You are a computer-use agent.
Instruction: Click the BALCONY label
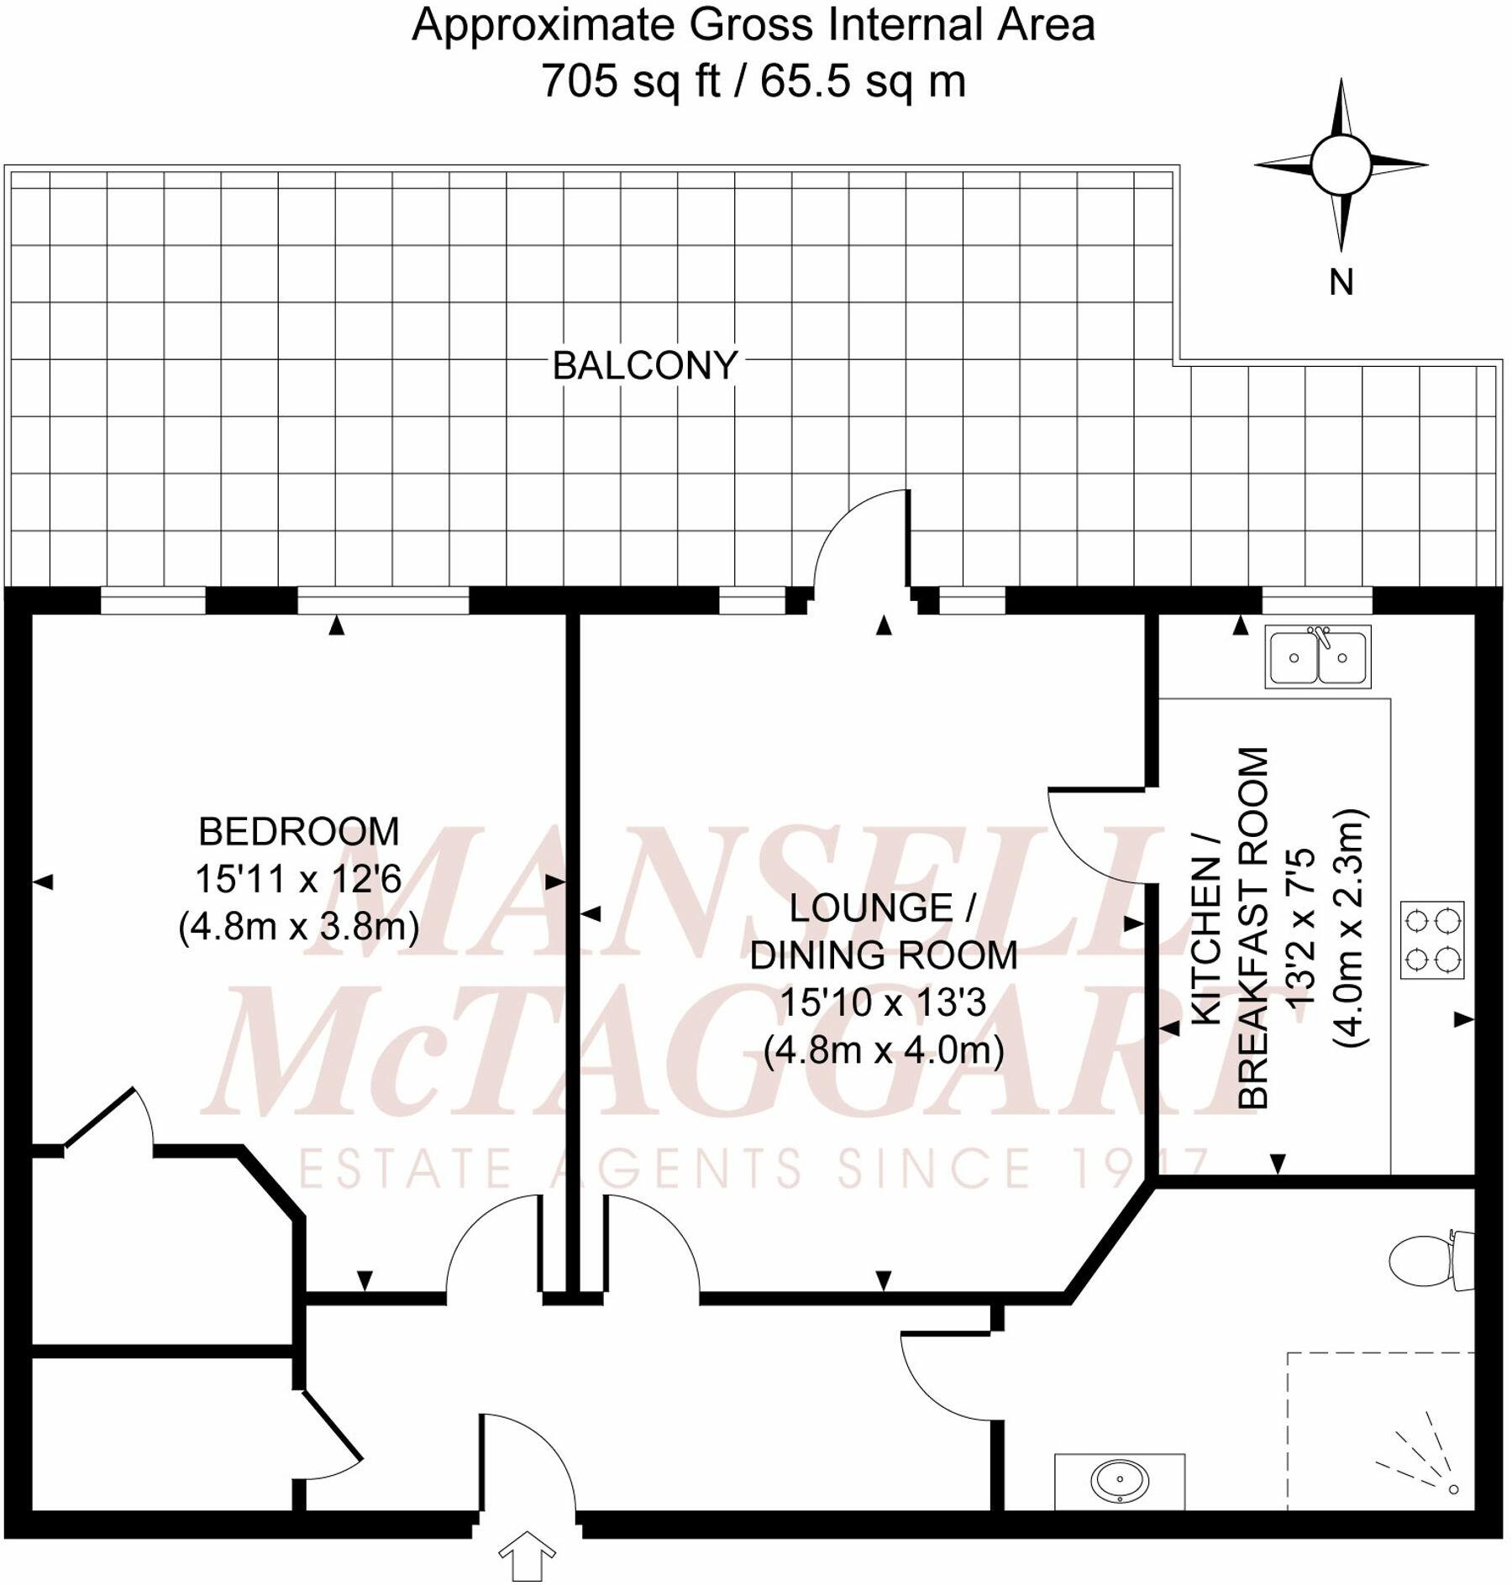click(x=644, y=366)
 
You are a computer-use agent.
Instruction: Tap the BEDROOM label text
click(x=298, y=832)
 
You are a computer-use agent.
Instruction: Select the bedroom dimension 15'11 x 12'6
click(x=298, y=879)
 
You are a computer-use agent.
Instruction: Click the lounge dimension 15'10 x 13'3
click(x=883, y=1002)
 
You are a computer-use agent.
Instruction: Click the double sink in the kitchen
click(x=1318, y=657)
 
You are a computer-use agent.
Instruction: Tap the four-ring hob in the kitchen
click(x=1432, y=939)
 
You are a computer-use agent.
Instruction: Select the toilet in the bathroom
click(x=1428, y=1260)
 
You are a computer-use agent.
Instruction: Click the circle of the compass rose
click(x=1341, y=165)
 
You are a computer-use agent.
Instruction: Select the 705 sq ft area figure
click(x=629, y=82)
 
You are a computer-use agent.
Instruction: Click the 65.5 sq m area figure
click(x=863, y=82)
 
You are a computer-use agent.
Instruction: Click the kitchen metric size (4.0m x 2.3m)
click(x=1350, y=928)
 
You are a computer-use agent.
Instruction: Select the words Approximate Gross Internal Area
click(x=753, y=25)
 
